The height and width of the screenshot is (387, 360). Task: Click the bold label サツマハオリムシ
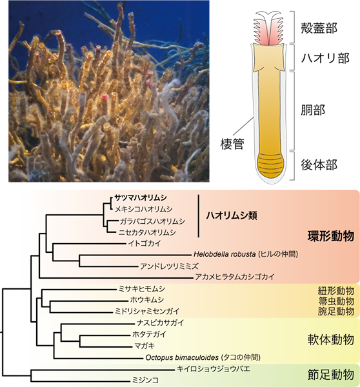(141, 198)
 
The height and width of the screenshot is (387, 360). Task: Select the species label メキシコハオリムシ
(144, 209)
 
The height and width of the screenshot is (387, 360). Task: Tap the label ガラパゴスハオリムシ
(152, 221)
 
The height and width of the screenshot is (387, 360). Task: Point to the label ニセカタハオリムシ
(147, 232)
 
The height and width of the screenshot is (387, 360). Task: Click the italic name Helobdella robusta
(225, 254)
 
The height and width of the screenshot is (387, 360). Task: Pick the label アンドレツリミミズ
(170, 266)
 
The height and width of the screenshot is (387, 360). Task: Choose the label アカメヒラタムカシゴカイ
(235, 277)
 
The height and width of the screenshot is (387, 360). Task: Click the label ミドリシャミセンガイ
(147, 312)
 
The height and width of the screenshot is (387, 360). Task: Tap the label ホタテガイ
(150, 334)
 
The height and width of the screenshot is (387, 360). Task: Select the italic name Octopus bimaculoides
(182, 357)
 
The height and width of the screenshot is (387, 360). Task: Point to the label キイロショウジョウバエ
(214, 369)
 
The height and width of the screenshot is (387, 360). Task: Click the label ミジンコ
(145, 380)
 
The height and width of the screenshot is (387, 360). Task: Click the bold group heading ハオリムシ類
(232, 215)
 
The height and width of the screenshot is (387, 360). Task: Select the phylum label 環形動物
(330, 236)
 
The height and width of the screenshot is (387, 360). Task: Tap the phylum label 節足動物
(330, 375)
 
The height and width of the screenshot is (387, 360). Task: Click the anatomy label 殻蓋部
(319, 28)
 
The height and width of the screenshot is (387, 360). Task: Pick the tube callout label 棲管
(232, 144)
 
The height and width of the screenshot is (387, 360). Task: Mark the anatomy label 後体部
(319, 164)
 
